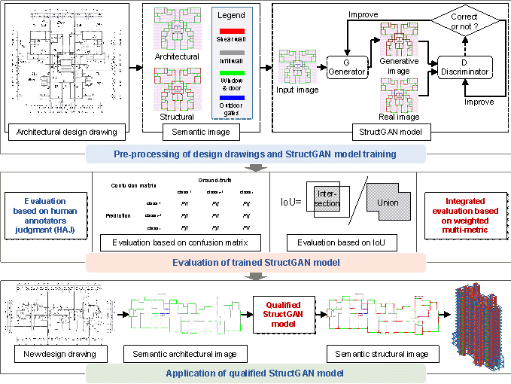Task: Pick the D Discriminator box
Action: (x=464, y=67)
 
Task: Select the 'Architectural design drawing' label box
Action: (x=67, y=133)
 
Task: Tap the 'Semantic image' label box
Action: (x=202, y=133)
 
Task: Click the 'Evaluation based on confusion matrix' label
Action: (x=180, y=242)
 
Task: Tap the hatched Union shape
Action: (x=388, y=203)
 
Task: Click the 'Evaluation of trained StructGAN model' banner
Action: (x=256, y=262)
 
